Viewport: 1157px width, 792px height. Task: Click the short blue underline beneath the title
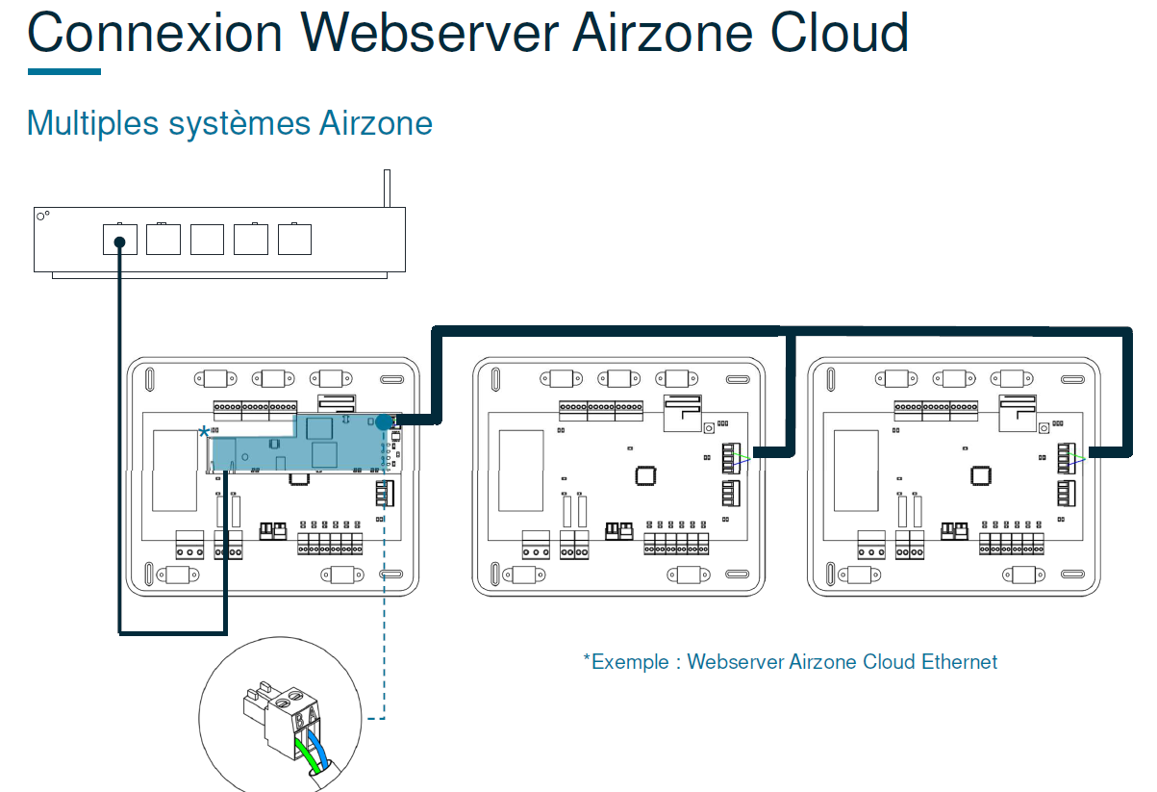pyautogui.click(x=63, y=71)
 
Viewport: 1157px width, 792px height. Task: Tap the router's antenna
pyautogui.click(x=386, y=189)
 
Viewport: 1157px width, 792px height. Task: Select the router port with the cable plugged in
pyautogui.click(x=120, y=239)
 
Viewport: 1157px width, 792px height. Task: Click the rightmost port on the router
pyautogui.click(x=294, y=239)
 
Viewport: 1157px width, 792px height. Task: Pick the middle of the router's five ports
pyautogui.click(x=207, y=239)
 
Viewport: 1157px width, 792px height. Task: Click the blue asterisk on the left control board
pyautogui.click(x=204, y=432)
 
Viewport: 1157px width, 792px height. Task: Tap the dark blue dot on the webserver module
pyautogui.click(x=384, y=421)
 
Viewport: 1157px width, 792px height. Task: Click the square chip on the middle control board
pyautogui.click(x=644, y=474)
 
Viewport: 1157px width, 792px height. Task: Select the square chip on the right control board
pyautogui.click(x=980, y=474)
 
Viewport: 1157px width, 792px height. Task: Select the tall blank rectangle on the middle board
pyautogui.click(x=519, y=470)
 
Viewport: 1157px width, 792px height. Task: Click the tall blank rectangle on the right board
pyautogui.click(x=854, y=470)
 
